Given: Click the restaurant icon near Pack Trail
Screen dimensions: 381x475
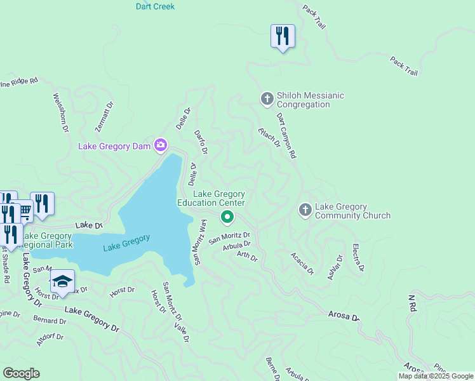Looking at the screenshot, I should coord(283,36).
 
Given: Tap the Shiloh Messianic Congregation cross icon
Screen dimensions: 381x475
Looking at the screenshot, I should coord(267,99).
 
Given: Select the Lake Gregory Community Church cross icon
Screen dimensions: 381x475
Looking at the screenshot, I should coord(305,210).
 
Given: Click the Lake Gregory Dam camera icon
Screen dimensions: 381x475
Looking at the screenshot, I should coord(161,146).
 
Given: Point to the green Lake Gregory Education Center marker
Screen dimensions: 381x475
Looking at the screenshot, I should coord(227,218).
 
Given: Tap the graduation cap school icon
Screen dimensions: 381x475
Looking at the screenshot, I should coord(62,281).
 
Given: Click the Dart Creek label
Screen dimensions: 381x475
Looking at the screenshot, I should coord(155,6).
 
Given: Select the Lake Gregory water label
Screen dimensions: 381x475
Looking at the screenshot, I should coord(126,242).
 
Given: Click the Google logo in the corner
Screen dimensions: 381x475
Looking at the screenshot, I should coord(21,373).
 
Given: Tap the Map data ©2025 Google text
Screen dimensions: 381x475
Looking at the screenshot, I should coord(436,376).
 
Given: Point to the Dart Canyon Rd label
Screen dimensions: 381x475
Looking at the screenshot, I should coord(286,136).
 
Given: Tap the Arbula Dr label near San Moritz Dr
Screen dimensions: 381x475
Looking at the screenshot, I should coord(237,245).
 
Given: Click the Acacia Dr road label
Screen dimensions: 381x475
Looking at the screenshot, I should coord(302,263).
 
